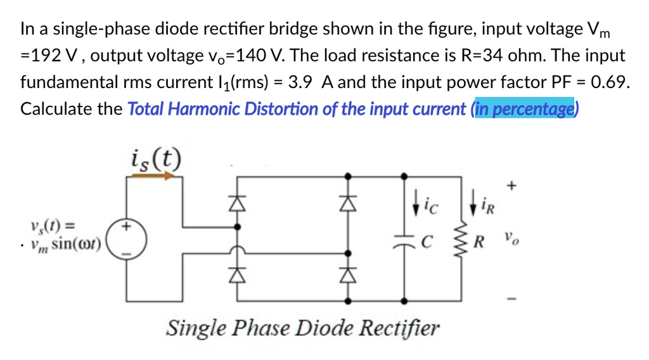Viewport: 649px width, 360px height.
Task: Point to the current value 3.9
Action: pyautogui.click(x=300, y=82)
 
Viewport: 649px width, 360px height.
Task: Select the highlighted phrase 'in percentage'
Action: pyautogui.click(x=524, y=109)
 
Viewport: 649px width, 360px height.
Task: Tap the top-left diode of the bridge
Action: pyautogui.click(x=236, y=202)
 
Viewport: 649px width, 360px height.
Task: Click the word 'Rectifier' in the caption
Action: pyautogui.click(x=399, y=328)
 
